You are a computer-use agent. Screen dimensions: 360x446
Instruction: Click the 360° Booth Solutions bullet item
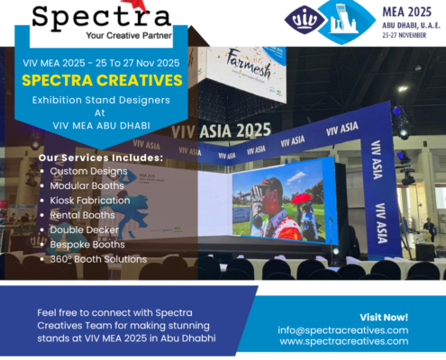coord(98,259)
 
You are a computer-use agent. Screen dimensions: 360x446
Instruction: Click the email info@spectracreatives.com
coord(343,329)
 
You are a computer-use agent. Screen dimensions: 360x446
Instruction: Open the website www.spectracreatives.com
coord(343,342)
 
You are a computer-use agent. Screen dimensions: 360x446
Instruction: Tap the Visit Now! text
coord(384,317)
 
